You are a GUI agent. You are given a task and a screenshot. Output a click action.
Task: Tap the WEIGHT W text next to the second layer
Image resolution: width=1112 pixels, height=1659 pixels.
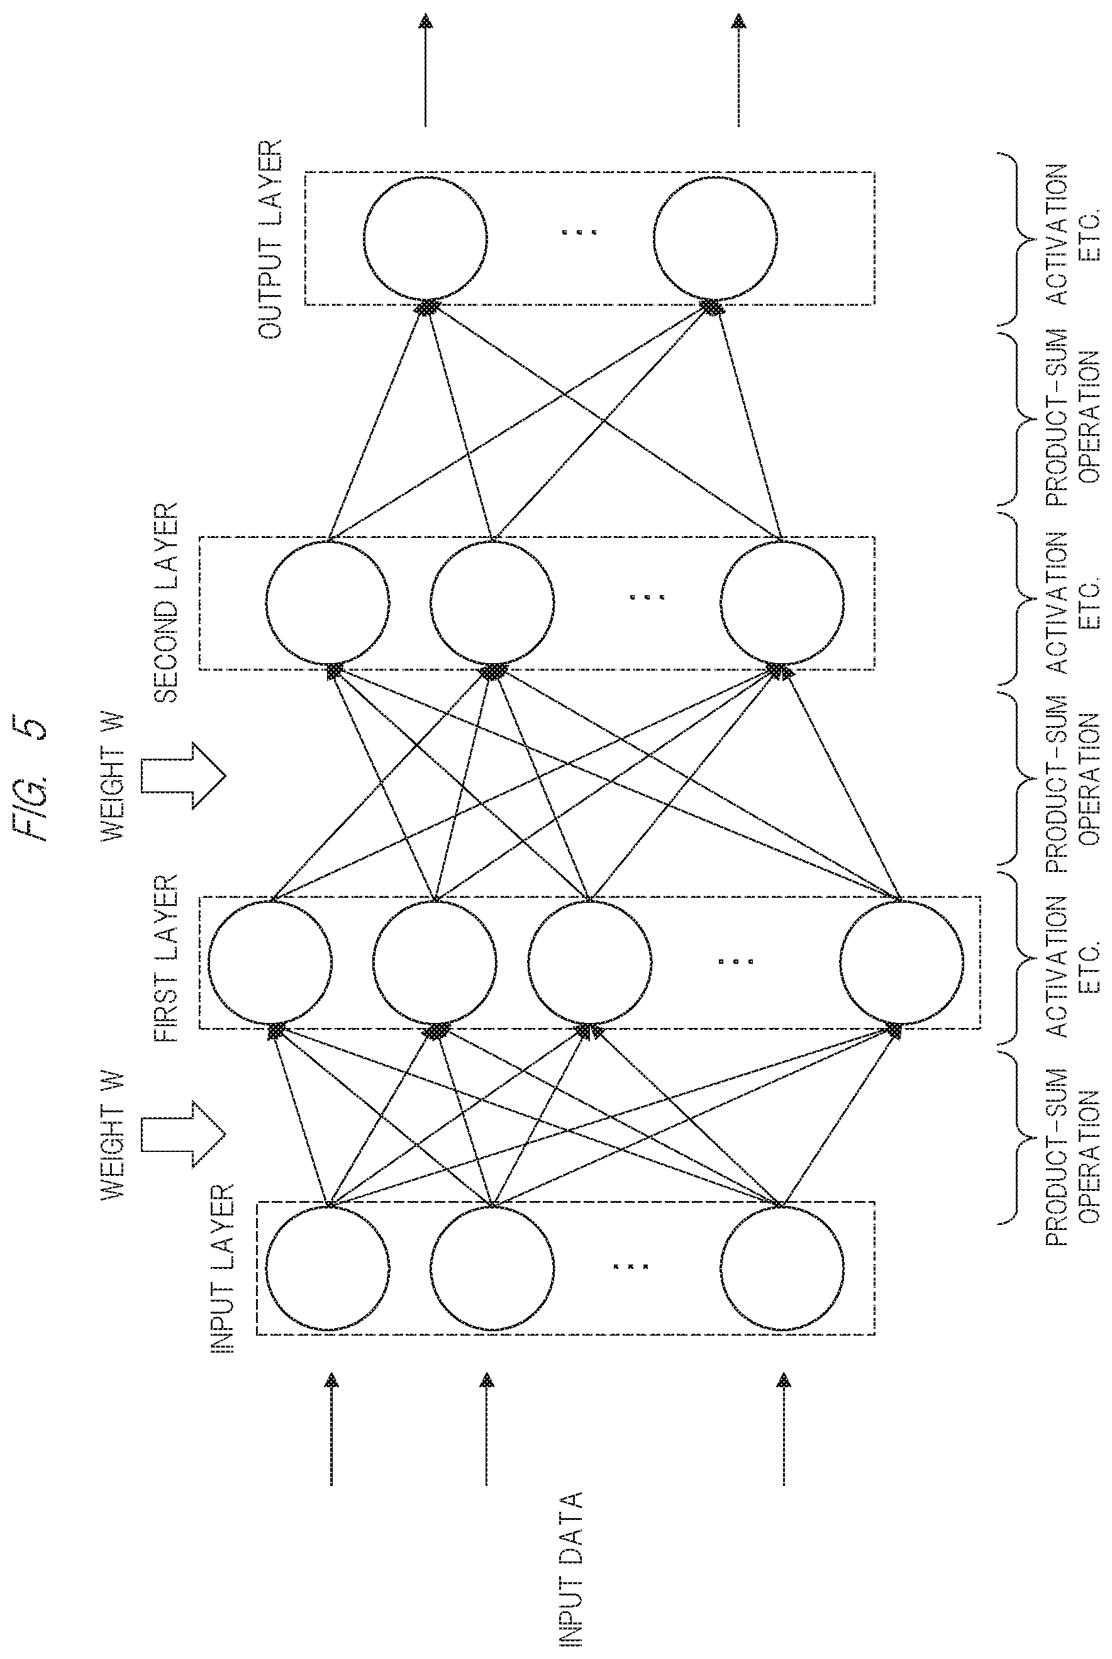[113, 778]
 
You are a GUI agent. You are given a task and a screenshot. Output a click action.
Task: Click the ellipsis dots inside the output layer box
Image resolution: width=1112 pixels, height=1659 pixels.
[579, 233]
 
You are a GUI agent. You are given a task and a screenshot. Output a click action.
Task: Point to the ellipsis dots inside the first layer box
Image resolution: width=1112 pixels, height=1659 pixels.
[736, 963]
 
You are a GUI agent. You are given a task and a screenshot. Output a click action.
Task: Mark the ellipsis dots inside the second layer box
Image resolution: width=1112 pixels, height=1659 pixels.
[647, 597]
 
